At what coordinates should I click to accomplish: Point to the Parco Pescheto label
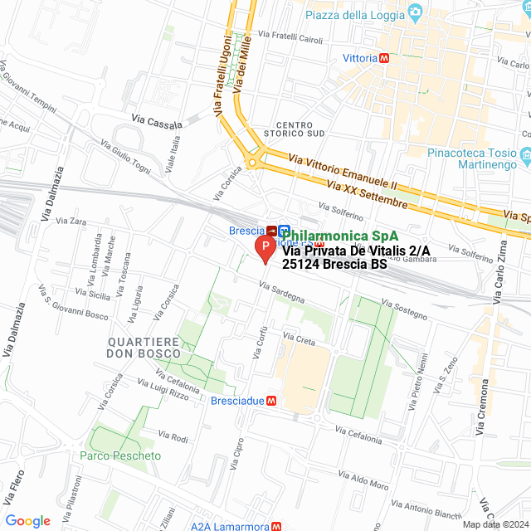click(x=120, y=456)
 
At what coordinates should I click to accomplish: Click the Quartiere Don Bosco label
click(x=144, y=347)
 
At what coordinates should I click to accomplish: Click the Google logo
click(x=27, y=520)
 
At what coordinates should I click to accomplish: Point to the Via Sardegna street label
click(x=281, y=292)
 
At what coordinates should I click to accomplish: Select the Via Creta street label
click(x=300, y=339)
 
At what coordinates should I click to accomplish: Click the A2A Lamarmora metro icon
click(x=278, y=525)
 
